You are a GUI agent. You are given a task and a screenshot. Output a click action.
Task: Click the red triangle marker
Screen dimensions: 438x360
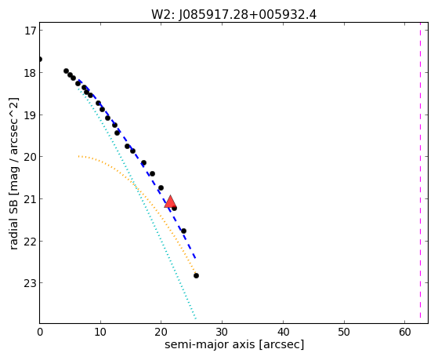coord(170,202)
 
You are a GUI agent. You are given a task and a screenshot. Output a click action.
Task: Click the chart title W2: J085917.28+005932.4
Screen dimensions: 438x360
coord(233,15)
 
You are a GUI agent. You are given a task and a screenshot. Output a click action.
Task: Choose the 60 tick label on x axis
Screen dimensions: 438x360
coord(405,333)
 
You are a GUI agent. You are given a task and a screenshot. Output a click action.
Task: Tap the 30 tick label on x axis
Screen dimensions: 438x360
coord(222,333)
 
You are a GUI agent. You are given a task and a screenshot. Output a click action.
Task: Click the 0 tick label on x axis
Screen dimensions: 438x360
coord(40,333)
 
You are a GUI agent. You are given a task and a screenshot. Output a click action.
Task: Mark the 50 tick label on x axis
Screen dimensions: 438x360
coord(344,333)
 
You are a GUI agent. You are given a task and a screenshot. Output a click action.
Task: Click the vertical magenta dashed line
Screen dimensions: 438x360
coord(420,173)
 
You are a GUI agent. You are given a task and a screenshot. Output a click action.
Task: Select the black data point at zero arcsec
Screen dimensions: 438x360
coord(40,60)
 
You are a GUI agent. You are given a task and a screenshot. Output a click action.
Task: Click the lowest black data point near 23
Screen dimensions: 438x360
coord(196,276)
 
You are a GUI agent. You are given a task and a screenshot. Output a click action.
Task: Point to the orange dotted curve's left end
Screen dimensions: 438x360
coord(79,156)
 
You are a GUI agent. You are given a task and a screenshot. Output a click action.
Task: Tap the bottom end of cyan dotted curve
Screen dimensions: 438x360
coord(196,318)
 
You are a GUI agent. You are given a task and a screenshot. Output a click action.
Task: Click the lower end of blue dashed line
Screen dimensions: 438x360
coord(195,258)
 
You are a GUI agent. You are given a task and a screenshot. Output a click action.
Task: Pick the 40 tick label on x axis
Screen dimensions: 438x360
coord(283,333)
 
